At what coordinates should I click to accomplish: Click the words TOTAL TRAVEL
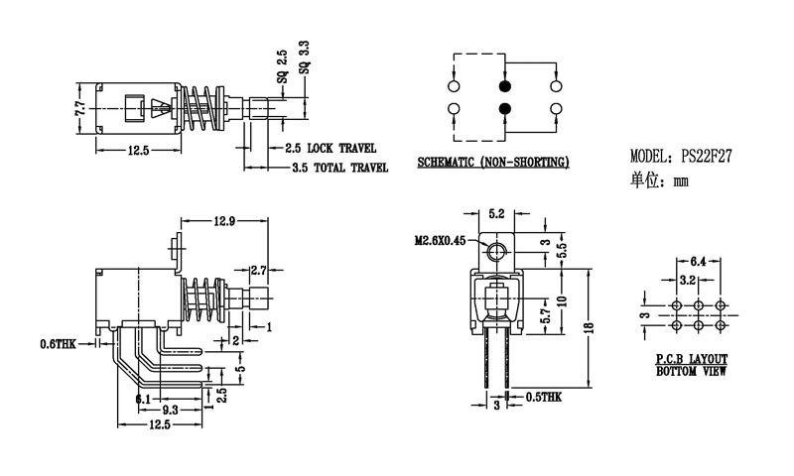(351, 169)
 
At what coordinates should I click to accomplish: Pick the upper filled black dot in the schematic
(504, 84)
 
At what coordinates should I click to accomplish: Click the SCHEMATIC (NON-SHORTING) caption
(492, 162)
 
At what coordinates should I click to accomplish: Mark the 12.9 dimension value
(224, 222)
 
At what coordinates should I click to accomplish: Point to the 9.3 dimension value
(170, 409)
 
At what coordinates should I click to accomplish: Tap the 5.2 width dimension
(497, 213)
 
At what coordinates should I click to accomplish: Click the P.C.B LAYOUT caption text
(692, 358)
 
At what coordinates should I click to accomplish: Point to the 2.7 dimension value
(257, 270)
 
